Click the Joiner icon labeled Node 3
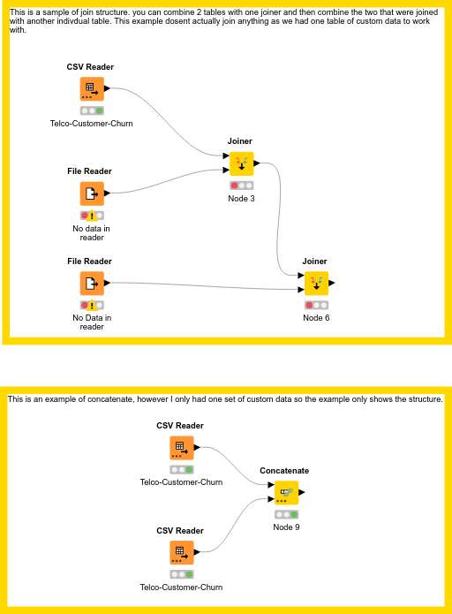(241, 163)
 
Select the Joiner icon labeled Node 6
(316, 284)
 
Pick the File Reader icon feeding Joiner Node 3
(92, 193)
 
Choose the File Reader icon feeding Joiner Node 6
(92, 283)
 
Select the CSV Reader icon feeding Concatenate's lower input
(181, 553)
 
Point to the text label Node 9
(286, 527)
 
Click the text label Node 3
(241, 199)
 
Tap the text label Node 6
(316, 318)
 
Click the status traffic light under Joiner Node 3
(241, 186)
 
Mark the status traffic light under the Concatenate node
(286, 514)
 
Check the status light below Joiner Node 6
(316, 305)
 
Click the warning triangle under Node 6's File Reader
(92, 305)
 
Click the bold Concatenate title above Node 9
(284, 471)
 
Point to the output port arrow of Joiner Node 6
(332, 284)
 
